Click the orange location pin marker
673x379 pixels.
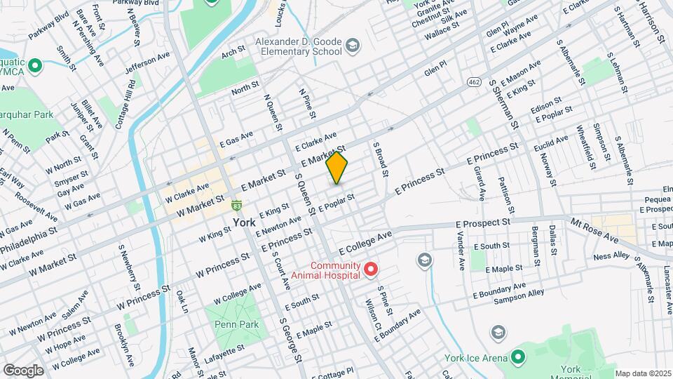pyautogui.click(x=337, y=168)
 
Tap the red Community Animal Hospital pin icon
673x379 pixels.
pyautogui.click(x=370, y=270)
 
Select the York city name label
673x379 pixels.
pyautogui.click(x=244, y=222)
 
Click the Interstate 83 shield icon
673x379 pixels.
pyautogui.click(x=238, y=206)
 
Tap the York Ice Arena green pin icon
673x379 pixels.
pyautogui.click(x=518, y=358)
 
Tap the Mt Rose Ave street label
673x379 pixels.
pyautogui.click(x=594, y=230)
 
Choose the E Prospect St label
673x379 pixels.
pyautogui.click(x=482, y=222)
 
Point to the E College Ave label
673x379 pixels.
pyautogui.click(x=364, y=244)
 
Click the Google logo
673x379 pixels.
pyautogui.click(x=23, y=370)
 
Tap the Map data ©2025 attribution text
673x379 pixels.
pyautogui.click(x=642, y=373)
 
